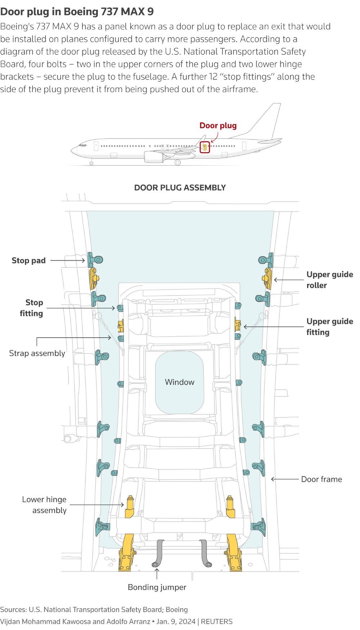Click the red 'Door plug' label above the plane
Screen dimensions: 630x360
pos(218,126)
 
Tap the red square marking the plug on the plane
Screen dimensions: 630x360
pos(205,147)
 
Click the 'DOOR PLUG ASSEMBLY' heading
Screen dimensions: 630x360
pos(180,188)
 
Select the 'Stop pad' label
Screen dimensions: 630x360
pos(28,260)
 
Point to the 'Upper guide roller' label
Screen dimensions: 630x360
pos(329,280)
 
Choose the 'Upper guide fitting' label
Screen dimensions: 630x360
pos(329,327)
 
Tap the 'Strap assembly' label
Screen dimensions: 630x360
pos(37,353)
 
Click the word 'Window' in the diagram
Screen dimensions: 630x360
pos(180,382)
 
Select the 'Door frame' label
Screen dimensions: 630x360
pos(321,479)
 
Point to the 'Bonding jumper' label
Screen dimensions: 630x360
pos(157,587)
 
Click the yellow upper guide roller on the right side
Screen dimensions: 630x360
pos(267,278)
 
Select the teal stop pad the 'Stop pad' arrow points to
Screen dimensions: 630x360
pos(95,260)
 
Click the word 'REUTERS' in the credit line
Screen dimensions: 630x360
pos(217,622)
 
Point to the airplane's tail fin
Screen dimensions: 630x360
pos(268,119)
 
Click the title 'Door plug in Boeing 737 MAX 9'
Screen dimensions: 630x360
pos(77,12)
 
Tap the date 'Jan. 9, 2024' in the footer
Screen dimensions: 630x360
pos(176,622)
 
